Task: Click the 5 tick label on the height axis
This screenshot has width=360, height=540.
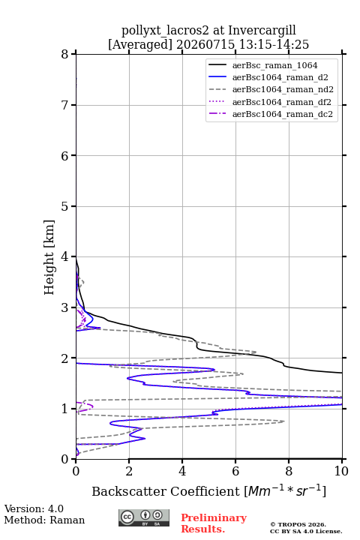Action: (x=65, y=206)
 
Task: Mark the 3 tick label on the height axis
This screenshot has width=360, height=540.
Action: (x=65, y=307)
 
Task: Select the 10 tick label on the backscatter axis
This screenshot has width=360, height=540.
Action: (x=341, y=471)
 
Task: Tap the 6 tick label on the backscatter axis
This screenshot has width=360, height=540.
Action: (x=235, y=471)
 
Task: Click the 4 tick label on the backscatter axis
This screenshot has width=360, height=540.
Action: (x=182, y=471)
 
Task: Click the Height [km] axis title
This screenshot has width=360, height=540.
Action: (x=49, y=257)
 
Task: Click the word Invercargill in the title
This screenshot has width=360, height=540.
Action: (x=262, y=31)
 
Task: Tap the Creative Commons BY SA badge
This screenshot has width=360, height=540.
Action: (x=144, y=517)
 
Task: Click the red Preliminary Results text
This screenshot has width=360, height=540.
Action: (x=214, y=523)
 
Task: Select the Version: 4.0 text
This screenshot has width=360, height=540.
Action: (x=34, y=508)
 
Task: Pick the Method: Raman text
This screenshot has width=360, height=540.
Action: (x=44, y=520)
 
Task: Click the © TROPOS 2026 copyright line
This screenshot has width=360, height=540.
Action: (x=298, y=524)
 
